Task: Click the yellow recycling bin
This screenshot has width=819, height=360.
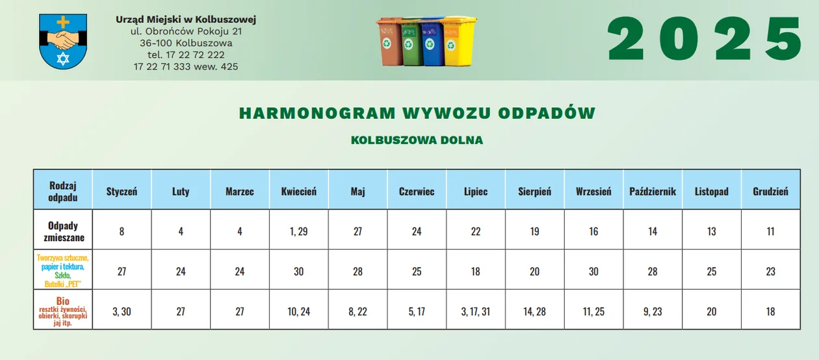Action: coord(458,41)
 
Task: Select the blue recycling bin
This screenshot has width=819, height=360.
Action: coord(432,42)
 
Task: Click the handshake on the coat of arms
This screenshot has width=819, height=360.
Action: coord(63,39)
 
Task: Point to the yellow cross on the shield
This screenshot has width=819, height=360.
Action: coord(63,22)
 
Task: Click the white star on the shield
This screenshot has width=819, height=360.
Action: coord(63,58)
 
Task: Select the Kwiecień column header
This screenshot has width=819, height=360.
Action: coord(299,191)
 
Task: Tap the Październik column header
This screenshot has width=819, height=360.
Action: coord(653,191)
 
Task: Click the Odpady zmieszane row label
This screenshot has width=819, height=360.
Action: coord(63,231)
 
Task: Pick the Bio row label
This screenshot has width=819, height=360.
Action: coord(63,311)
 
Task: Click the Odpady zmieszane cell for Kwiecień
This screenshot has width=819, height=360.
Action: coord(299,231)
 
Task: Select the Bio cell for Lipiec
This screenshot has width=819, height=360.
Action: coord(475,311)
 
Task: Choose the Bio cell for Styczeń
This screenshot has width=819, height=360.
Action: coord(122,311)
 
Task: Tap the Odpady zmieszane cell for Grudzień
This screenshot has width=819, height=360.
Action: coord(770,231)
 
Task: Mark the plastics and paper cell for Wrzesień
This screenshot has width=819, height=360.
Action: coord(593,271)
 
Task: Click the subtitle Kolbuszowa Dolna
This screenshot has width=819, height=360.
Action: coord(417,140)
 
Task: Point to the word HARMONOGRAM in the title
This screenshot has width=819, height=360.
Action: coord(317,113)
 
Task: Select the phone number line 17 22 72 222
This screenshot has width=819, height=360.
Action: coord(186,55)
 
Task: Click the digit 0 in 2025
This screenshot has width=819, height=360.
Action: coord(679,38)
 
